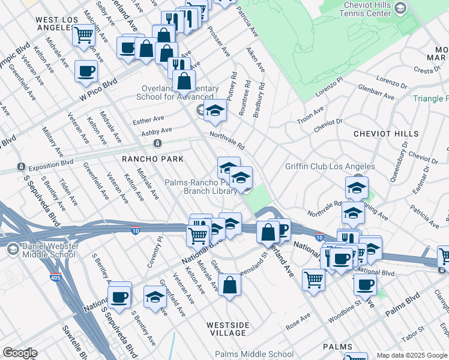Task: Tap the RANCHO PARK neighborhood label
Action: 148,159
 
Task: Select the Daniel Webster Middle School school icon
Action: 11,248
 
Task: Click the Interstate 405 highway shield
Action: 55,277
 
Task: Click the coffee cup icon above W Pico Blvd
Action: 86,71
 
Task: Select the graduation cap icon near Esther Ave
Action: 215,110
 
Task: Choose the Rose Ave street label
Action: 298,320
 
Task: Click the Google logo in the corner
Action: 20,353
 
